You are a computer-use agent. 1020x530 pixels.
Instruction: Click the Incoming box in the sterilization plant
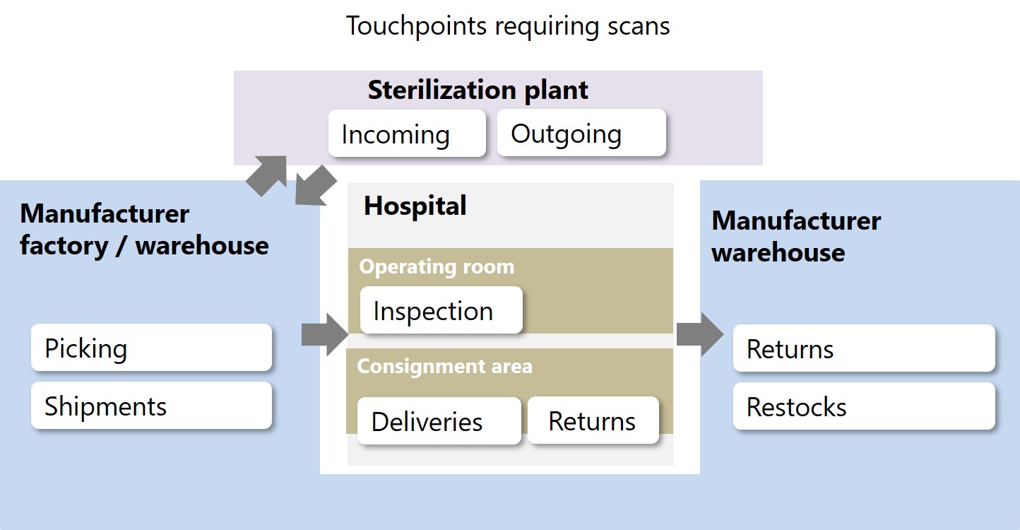(x=407, y=133)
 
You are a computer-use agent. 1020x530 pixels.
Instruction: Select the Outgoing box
(x=581, y=133)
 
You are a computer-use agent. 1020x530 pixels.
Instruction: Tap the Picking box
(x=152, y=347)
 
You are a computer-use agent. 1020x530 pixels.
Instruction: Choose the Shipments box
(x=152, y=405)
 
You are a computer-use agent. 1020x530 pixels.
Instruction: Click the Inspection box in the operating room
(x=441, y=310)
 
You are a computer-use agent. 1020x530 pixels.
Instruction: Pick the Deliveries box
(x=439, y=420)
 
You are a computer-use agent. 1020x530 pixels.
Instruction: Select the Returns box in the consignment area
(x=593, y=420)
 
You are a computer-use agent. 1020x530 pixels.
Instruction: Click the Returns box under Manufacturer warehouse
(x=864, y=348)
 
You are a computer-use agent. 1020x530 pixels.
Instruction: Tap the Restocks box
(x=864, y=406)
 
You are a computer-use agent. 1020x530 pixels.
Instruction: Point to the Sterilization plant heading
(x=478, y=90)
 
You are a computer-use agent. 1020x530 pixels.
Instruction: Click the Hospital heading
(x=415, y=206)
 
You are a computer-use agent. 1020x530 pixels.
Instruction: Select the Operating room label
(x=437, y=266)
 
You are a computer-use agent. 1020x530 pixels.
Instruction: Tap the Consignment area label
(x=444, y=366)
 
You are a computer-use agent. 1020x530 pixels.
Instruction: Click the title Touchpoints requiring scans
(x=508, y=26)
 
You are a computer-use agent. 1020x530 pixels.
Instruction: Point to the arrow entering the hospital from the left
(x=325, y=334)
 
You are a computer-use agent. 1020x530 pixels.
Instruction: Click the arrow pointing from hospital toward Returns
(x=700, y=334)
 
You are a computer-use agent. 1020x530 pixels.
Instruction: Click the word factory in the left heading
(x=64, y=247)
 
